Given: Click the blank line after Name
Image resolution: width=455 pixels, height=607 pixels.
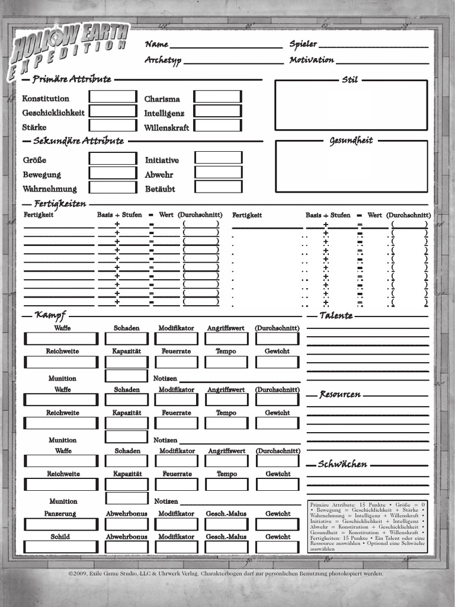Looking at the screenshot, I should tap(226, 46).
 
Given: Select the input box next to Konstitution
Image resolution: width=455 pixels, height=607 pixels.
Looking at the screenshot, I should tap(113, 97).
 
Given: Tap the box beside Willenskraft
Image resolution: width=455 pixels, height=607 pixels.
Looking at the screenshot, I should tap(218, 125).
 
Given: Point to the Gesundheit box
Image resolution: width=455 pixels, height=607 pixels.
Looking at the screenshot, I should tap(351, 167).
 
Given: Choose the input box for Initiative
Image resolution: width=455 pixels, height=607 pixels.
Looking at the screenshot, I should tap(219, 158).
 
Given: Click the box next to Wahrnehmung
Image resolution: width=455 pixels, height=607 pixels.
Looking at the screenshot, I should tap(113, 187).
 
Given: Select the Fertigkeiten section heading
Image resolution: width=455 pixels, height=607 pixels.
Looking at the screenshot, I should tap(60, 205).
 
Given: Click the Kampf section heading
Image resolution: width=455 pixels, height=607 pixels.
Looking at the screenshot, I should tap(50, 315).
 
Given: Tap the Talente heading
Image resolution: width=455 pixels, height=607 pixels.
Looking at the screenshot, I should tap(336, 315).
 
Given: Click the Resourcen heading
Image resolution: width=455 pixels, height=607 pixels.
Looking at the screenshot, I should tap(340, 394).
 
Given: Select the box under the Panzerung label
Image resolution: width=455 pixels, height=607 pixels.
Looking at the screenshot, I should tap(61, 524).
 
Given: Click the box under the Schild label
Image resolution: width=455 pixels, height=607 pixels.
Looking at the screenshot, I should tap(61, 547).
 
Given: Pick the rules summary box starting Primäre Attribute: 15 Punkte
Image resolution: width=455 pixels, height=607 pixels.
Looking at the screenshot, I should tap(367, 526).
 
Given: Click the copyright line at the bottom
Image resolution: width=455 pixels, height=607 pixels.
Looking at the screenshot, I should tap(226, 574).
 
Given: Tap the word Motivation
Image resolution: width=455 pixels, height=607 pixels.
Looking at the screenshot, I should tap(312, 60).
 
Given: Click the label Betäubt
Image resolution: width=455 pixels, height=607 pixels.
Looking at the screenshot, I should tap(160, 189).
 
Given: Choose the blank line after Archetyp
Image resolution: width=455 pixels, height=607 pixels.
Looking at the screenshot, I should tap(233, 62).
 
